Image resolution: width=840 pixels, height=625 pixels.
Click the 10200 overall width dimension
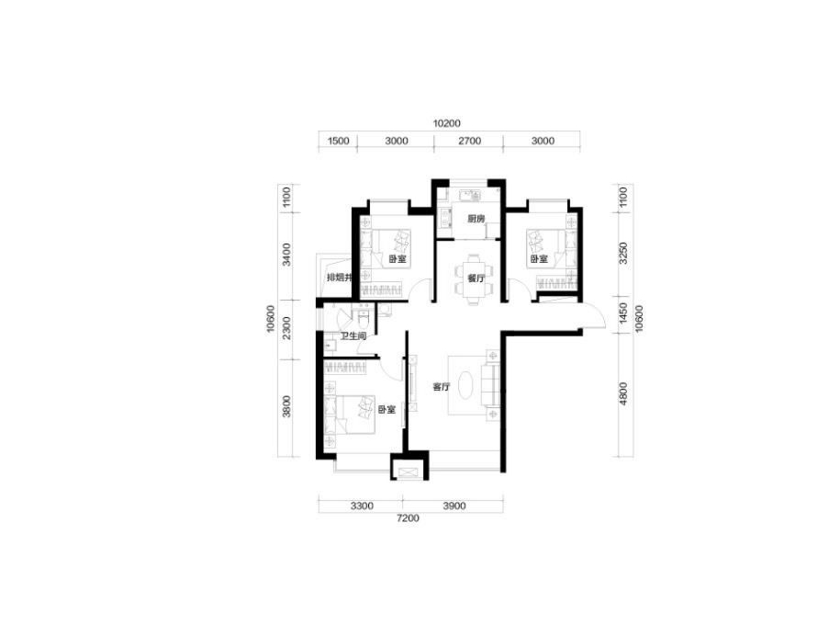click(446, 123)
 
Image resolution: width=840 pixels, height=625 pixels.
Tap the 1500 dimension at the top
click(338, 142)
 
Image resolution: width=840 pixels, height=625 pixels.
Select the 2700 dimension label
click(469, 142)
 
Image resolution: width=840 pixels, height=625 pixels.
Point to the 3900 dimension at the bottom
click(454, 506)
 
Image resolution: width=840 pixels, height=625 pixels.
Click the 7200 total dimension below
click(409, 518)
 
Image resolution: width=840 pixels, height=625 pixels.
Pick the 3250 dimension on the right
click(622, 254)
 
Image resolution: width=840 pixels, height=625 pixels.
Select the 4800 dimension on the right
click(622, 393)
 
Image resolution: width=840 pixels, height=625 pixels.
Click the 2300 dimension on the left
click(287, 328)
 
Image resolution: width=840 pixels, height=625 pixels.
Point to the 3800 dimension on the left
click(287, 406)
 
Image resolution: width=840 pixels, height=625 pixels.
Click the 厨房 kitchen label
click(476, 219)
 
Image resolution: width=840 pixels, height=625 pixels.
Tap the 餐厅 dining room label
click(476, 278)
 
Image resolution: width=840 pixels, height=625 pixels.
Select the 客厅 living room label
click(442, 386)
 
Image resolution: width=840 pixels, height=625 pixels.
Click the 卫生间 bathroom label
click(353, 336)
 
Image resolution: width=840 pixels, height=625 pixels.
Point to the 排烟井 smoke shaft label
click(341, 278)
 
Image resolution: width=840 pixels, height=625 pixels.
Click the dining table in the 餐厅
click(472, 279)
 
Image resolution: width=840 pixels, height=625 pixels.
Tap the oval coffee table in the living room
click(465, 385)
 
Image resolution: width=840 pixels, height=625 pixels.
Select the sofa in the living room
click(491, 385)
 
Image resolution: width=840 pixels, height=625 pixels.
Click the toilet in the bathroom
click(363, 318)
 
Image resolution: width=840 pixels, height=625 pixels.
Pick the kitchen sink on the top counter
click(469, 194)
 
